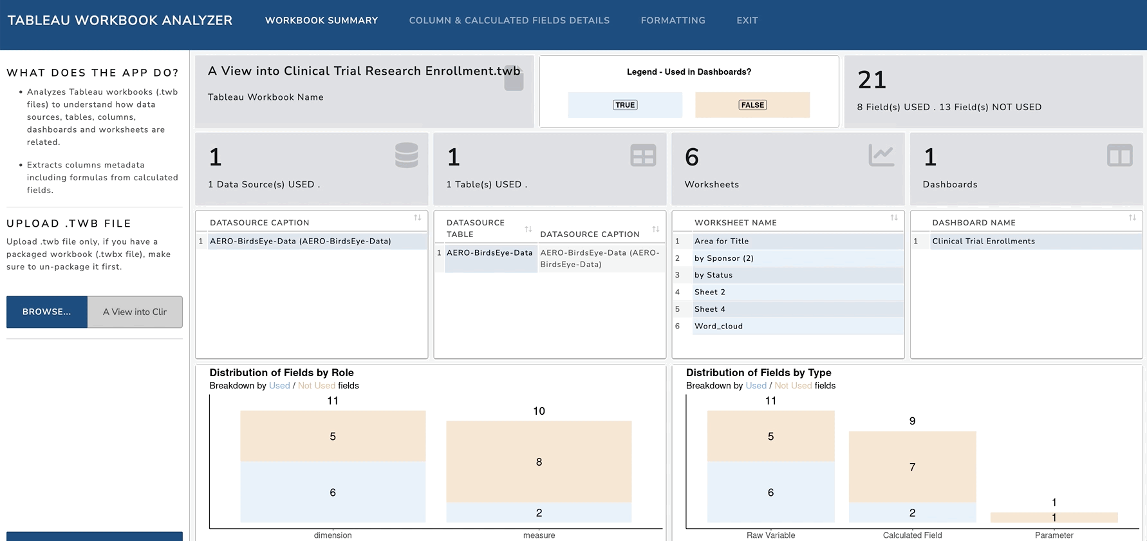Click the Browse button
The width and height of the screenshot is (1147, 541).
coord(47,312)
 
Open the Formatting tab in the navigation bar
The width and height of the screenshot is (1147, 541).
coord(673,21)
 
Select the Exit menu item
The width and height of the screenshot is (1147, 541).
coord(747,21)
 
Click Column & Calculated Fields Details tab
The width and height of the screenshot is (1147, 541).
coord(509,21)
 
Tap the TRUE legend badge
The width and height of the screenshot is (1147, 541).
coord(625,105)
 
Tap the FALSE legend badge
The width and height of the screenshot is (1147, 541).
coord(752,105)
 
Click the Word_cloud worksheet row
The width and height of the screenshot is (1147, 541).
coord(718,326)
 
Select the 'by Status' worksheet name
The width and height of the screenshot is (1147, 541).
coord(713,275)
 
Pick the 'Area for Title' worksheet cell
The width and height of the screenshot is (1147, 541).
coord(722,241)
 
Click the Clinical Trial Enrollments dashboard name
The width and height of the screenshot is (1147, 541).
coord(984,241)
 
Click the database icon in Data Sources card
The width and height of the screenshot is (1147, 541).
coord(406,156)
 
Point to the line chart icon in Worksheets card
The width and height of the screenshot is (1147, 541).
coord(881,155)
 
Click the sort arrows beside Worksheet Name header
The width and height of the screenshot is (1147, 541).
coord(894,218)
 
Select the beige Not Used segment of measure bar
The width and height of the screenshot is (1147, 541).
coord(539,462)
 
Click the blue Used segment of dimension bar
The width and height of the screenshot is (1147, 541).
coord(333,492)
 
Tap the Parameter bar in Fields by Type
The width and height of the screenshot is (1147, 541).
coord(1054,517)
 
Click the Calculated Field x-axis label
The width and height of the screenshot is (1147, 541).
coord(912,535)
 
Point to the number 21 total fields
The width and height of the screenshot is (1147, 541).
coord(872,80)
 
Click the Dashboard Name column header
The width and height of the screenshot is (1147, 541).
coord(974,223)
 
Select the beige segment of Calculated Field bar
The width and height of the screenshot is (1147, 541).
coord(912,467)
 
